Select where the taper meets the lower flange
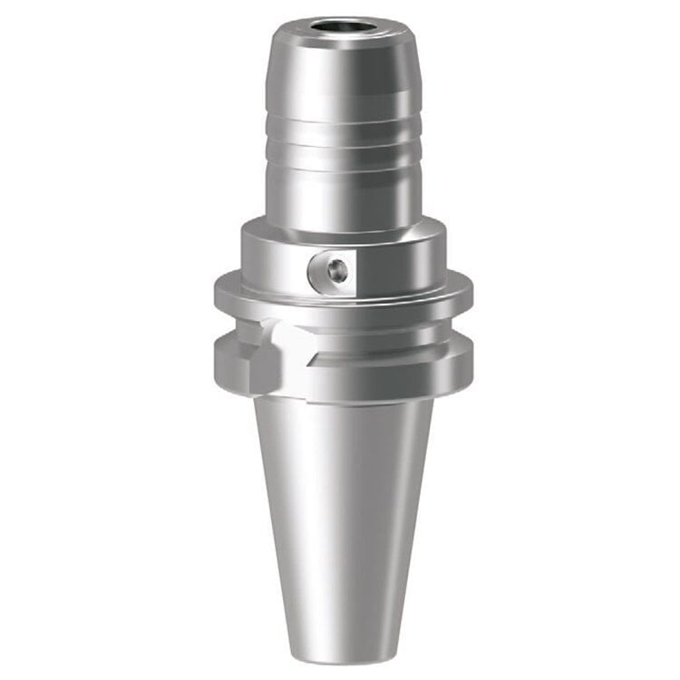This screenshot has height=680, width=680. tap(343, 399)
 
